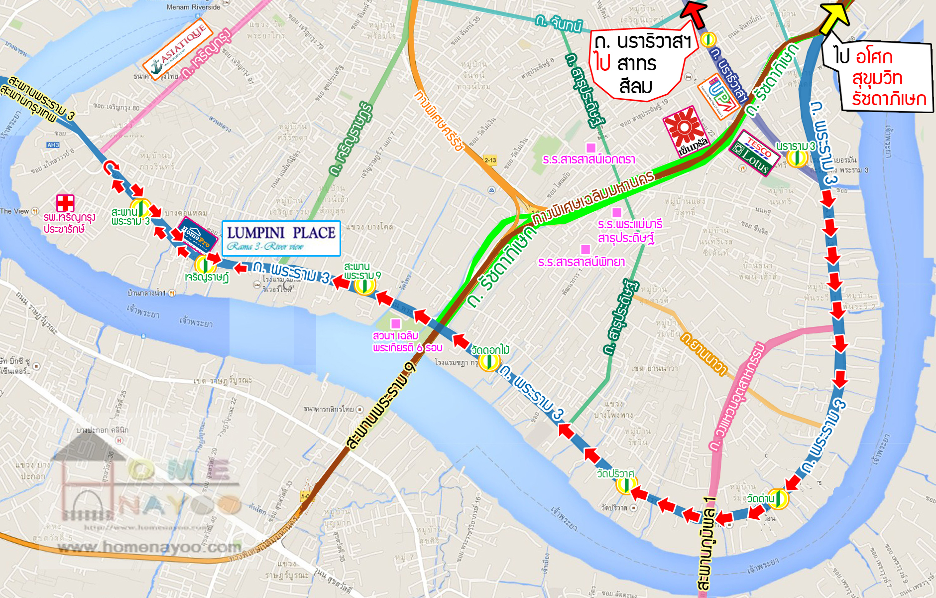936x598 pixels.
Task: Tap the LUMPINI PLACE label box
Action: click(281, 238)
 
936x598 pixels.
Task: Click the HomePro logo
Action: click(198, 234)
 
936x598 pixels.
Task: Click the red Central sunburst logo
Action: click(686, 130)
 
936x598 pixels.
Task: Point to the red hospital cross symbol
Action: click(65, 203)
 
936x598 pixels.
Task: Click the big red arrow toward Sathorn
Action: click(694, 12)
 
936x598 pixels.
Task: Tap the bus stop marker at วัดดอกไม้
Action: click(489, 362)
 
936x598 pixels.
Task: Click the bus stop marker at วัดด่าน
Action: click(778, 499)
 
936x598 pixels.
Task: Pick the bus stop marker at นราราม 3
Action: click(797, 158)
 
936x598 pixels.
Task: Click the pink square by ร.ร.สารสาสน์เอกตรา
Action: click(591, 148)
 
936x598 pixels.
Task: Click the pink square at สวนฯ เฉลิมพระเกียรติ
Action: click(396, 324)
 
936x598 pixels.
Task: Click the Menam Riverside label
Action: click(193, 7)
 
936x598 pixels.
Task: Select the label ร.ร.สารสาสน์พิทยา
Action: click(581, 262)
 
